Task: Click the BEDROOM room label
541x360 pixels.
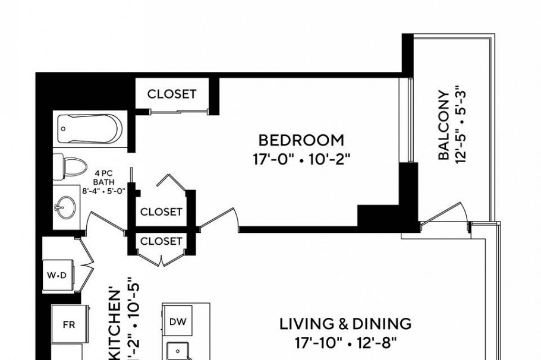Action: click(x=301, y=140)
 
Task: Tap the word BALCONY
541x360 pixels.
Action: click(x=443, y=125)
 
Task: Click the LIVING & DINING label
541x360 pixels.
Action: click(x=345, y=324)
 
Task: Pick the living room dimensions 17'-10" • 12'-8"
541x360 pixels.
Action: click(x=345, y=343)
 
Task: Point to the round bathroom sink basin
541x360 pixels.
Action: click(x=65, y=207)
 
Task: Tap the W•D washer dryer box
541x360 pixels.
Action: click(x=57, y=275)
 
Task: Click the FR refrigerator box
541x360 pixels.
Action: click(x=68, y=326)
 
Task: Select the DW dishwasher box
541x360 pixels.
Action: click(x=177, y=321)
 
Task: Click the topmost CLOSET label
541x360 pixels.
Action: click(x=171, y=94)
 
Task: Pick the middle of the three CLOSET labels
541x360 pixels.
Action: click(x=161, y=212)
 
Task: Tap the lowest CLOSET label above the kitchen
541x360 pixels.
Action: click(x=161, y=241)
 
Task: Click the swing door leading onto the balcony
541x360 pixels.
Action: click(x=443, y=215)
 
